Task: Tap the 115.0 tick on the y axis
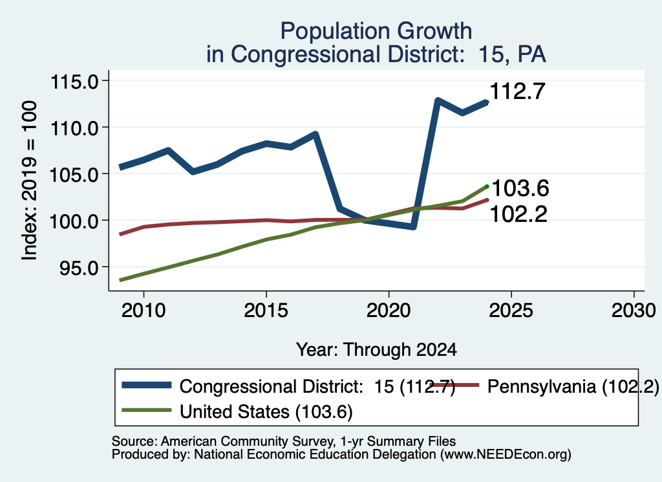tap(74, 82)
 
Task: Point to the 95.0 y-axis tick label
tap(79, 268)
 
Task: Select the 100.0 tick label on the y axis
tap(74, 221)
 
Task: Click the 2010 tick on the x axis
tap(144, 311)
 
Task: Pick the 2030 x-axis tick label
tap(634, 311)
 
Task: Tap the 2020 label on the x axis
tap(389, 311)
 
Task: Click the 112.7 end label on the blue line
tap(518, 91)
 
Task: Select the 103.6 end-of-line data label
tap(520, 188)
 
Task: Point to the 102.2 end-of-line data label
tap(518, 214)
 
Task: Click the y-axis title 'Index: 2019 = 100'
tap(29, 181)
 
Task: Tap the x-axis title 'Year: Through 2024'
tap(376, 350)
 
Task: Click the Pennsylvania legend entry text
tap(573, 386)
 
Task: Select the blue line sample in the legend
tap(147, 385)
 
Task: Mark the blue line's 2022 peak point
tap(438, 101)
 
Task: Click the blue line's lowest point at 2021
tap(413, 227)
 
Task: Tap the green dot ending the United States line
tap(487, 186)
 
